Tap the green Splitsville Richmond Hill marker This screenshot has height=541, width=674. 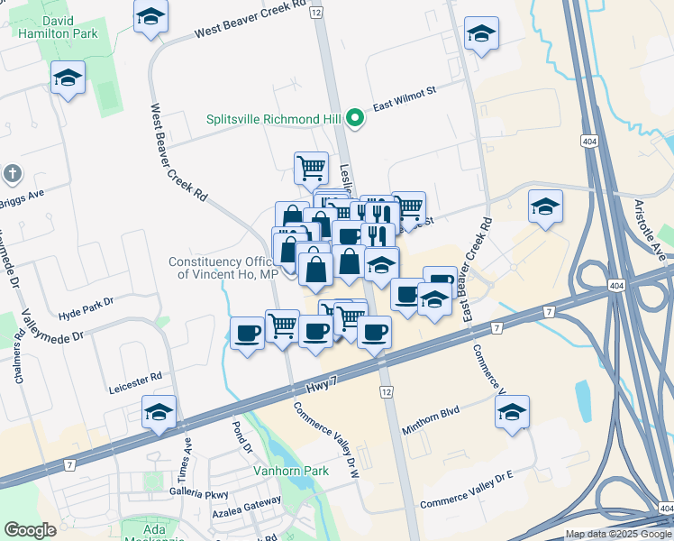[x=356, y=118]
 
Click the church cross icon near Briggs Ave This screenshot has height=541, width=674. [x=12, y=172]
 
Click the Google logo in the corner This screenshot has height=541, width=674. [x=31, y=530]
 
